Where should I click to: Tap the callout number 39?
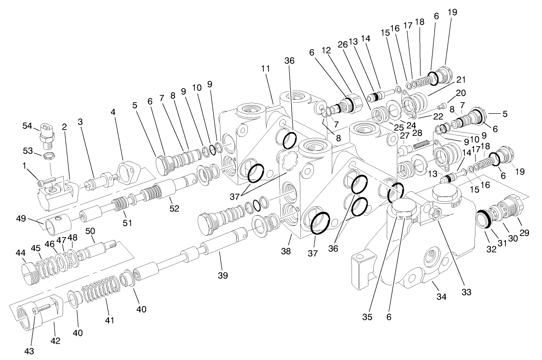[x=222, y=275]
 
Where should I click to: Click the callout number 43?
[x=29, y=350]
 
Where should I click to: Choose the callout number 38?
[x=286, y=251]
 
